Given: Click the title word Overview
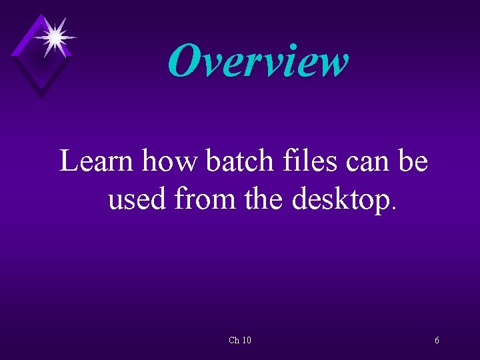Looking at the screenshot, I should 258,61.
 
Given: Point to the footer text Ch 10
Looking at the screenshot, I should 239,341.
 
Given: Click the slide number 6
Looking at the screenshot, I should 437,341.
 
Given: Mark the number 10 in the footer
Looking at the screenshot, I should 246,341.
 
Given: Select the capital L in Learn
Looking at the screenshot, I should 68,161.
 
